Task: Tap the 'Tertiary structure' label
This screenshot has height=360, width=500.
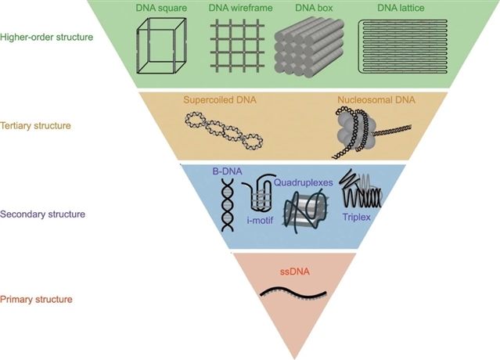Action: click(x=36, y=125)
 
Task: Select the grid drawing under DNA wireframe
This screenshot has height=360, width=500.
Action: click(x=237, y=47)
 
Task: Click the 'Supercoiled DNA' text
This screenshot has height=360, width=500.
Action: click(x=221, y=101)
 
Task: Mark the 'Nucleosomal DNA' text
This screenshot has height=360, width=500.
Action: click(x=376, y=101)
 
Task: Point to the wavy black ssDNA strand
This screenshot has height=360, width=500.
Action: click(x=293, y=295)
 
